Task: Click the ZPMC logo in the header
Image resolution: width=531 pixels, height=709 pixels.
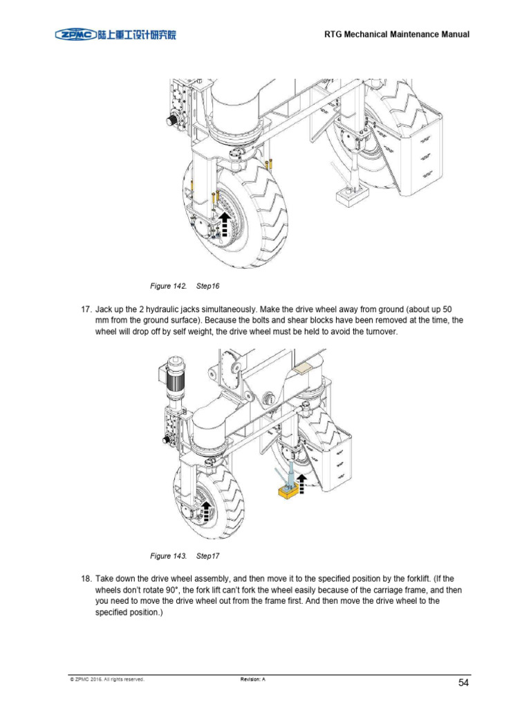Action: pos(116,34)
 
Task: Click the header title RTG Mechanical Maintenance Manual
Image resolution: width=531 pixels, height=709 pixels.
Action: pos(397,35)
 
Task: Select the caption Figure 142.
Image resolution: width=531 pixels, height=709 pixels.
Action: pos(169,285)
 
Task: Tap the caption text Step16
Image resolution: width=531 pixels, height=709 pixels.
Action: pos(208,285)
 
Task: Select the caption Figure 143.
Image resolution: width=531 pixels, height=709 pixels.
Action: pos(169,556)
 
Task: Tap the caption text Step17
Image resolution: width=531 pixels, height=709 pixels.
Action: pos(208,556)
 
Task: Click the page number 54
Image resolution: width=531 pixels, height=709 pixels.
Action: pos(464,683)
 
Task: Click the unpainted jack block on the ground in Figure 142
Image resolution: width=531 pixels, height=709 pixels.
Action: pos(350,196)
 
